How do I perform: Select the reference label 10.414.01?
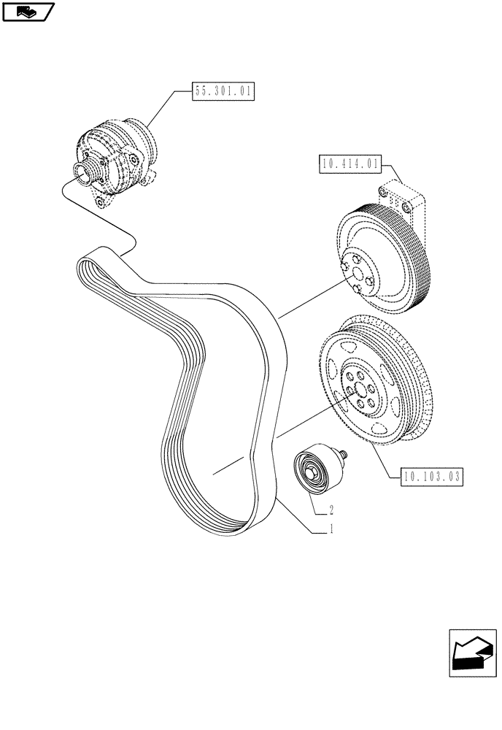pyautogui.click(x=349, y=164)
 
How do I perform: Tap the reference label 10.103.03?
pyautogui.click(x=432, y=477)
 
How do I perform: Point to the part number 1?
pyautogui.click(x=331, y=531)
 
